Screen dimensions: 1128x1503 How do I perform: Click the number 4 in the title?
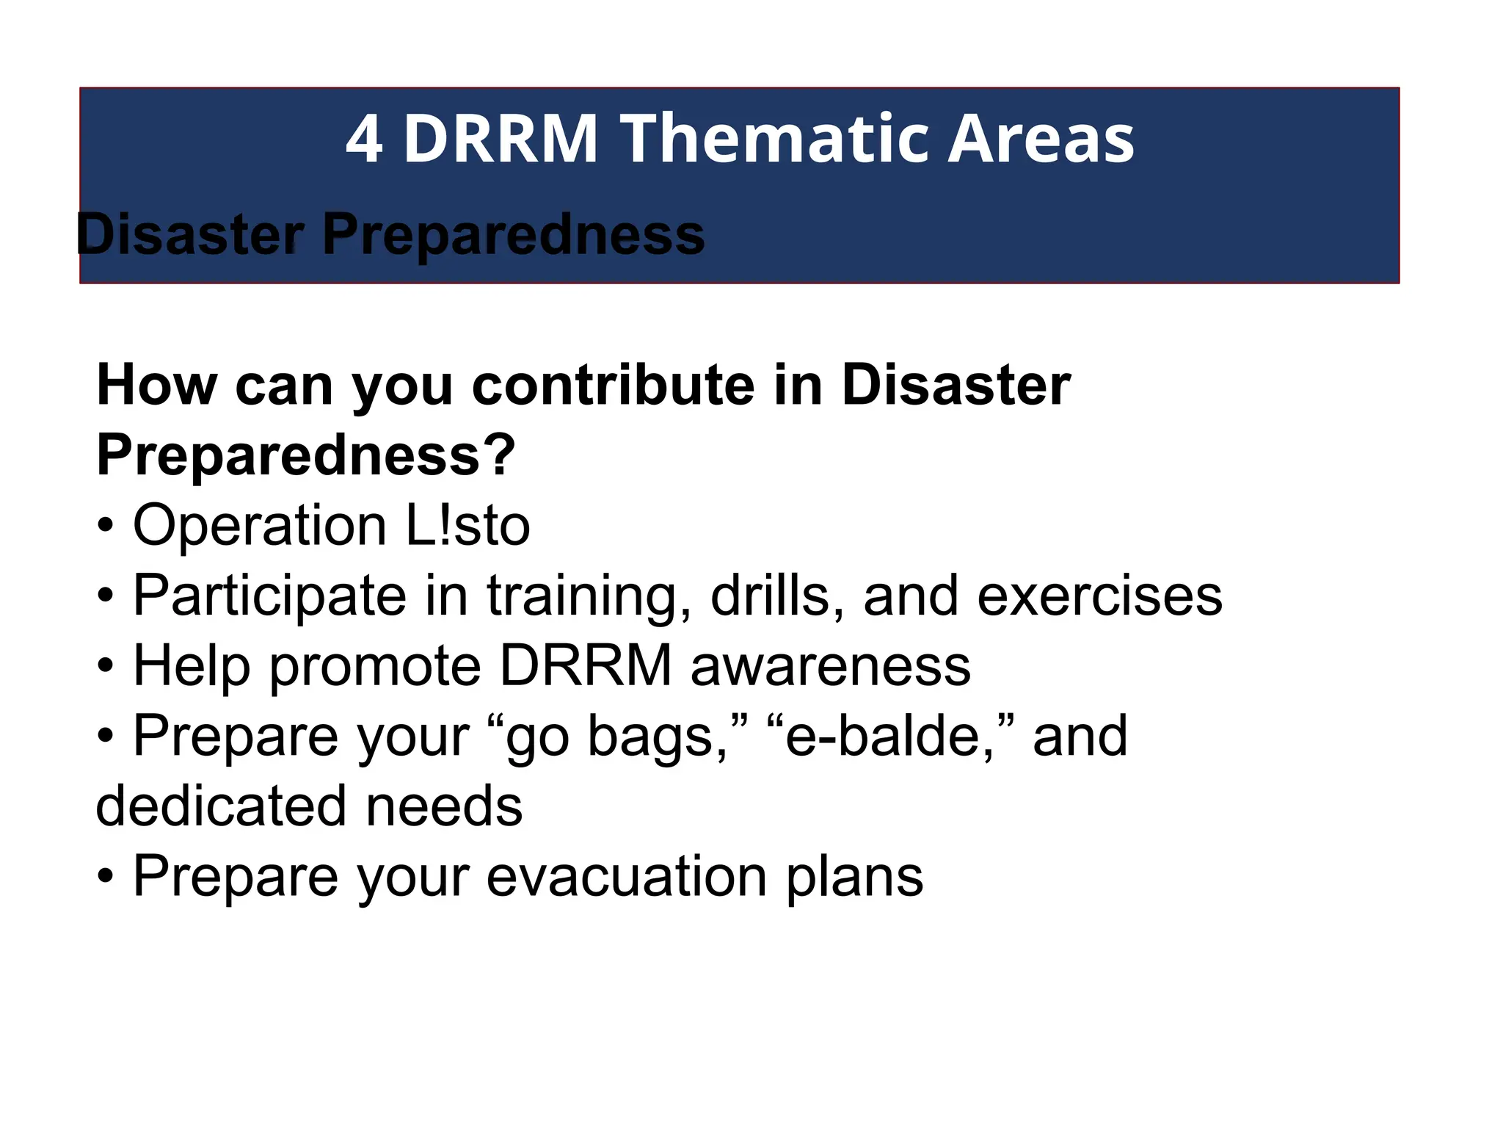coord(364,139)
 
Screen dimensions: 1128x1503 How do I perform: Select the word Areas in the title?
coord(1041,139)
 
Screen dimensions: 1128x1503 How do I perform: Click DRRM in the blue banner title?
coord(501,139)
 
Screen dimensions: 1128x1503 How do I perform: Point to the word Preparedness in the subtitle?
coord(513,235)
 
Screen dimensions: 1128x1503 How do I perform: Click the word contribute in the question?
coord(613,385)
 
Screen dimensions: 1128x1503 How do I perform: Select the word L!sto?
coord(467,525)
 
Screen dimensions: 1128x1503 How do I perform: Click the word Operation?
coord(259,525)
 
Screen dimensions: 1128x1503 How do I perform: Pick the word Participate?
coord(269,596)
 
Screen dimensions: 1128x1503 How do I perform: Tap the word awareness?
coord(831,665)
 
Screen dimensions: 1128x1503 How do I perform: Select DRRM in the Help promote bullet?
coord(586,665)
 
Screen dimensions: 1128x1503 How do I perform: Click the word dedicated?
coord(221,806)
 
